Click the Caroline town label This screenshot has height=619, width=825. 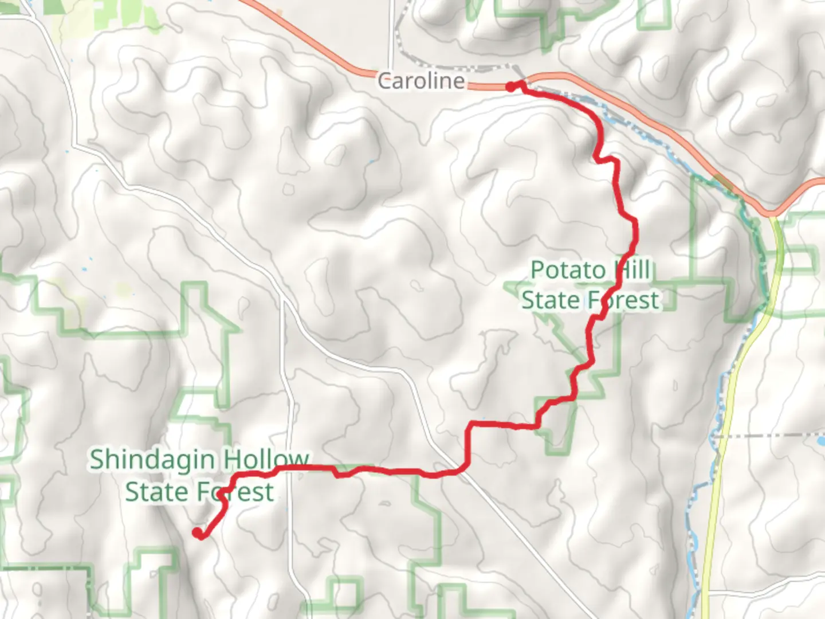point(421,81)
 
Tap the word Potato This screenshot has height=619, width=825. point(568,270)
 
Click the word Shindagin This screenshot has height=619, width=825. point(152,460)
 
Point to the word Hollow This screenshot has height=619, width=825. point(266,460)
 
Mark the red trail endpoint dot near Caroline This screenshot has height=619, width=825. point(510,87)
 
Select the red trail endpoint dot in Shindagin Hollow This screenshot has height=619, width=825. point(197,533)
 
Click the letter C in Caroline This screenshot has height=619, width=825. point(384,81)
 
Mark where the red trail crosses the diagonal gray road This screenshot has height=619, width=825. point(458,472)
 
